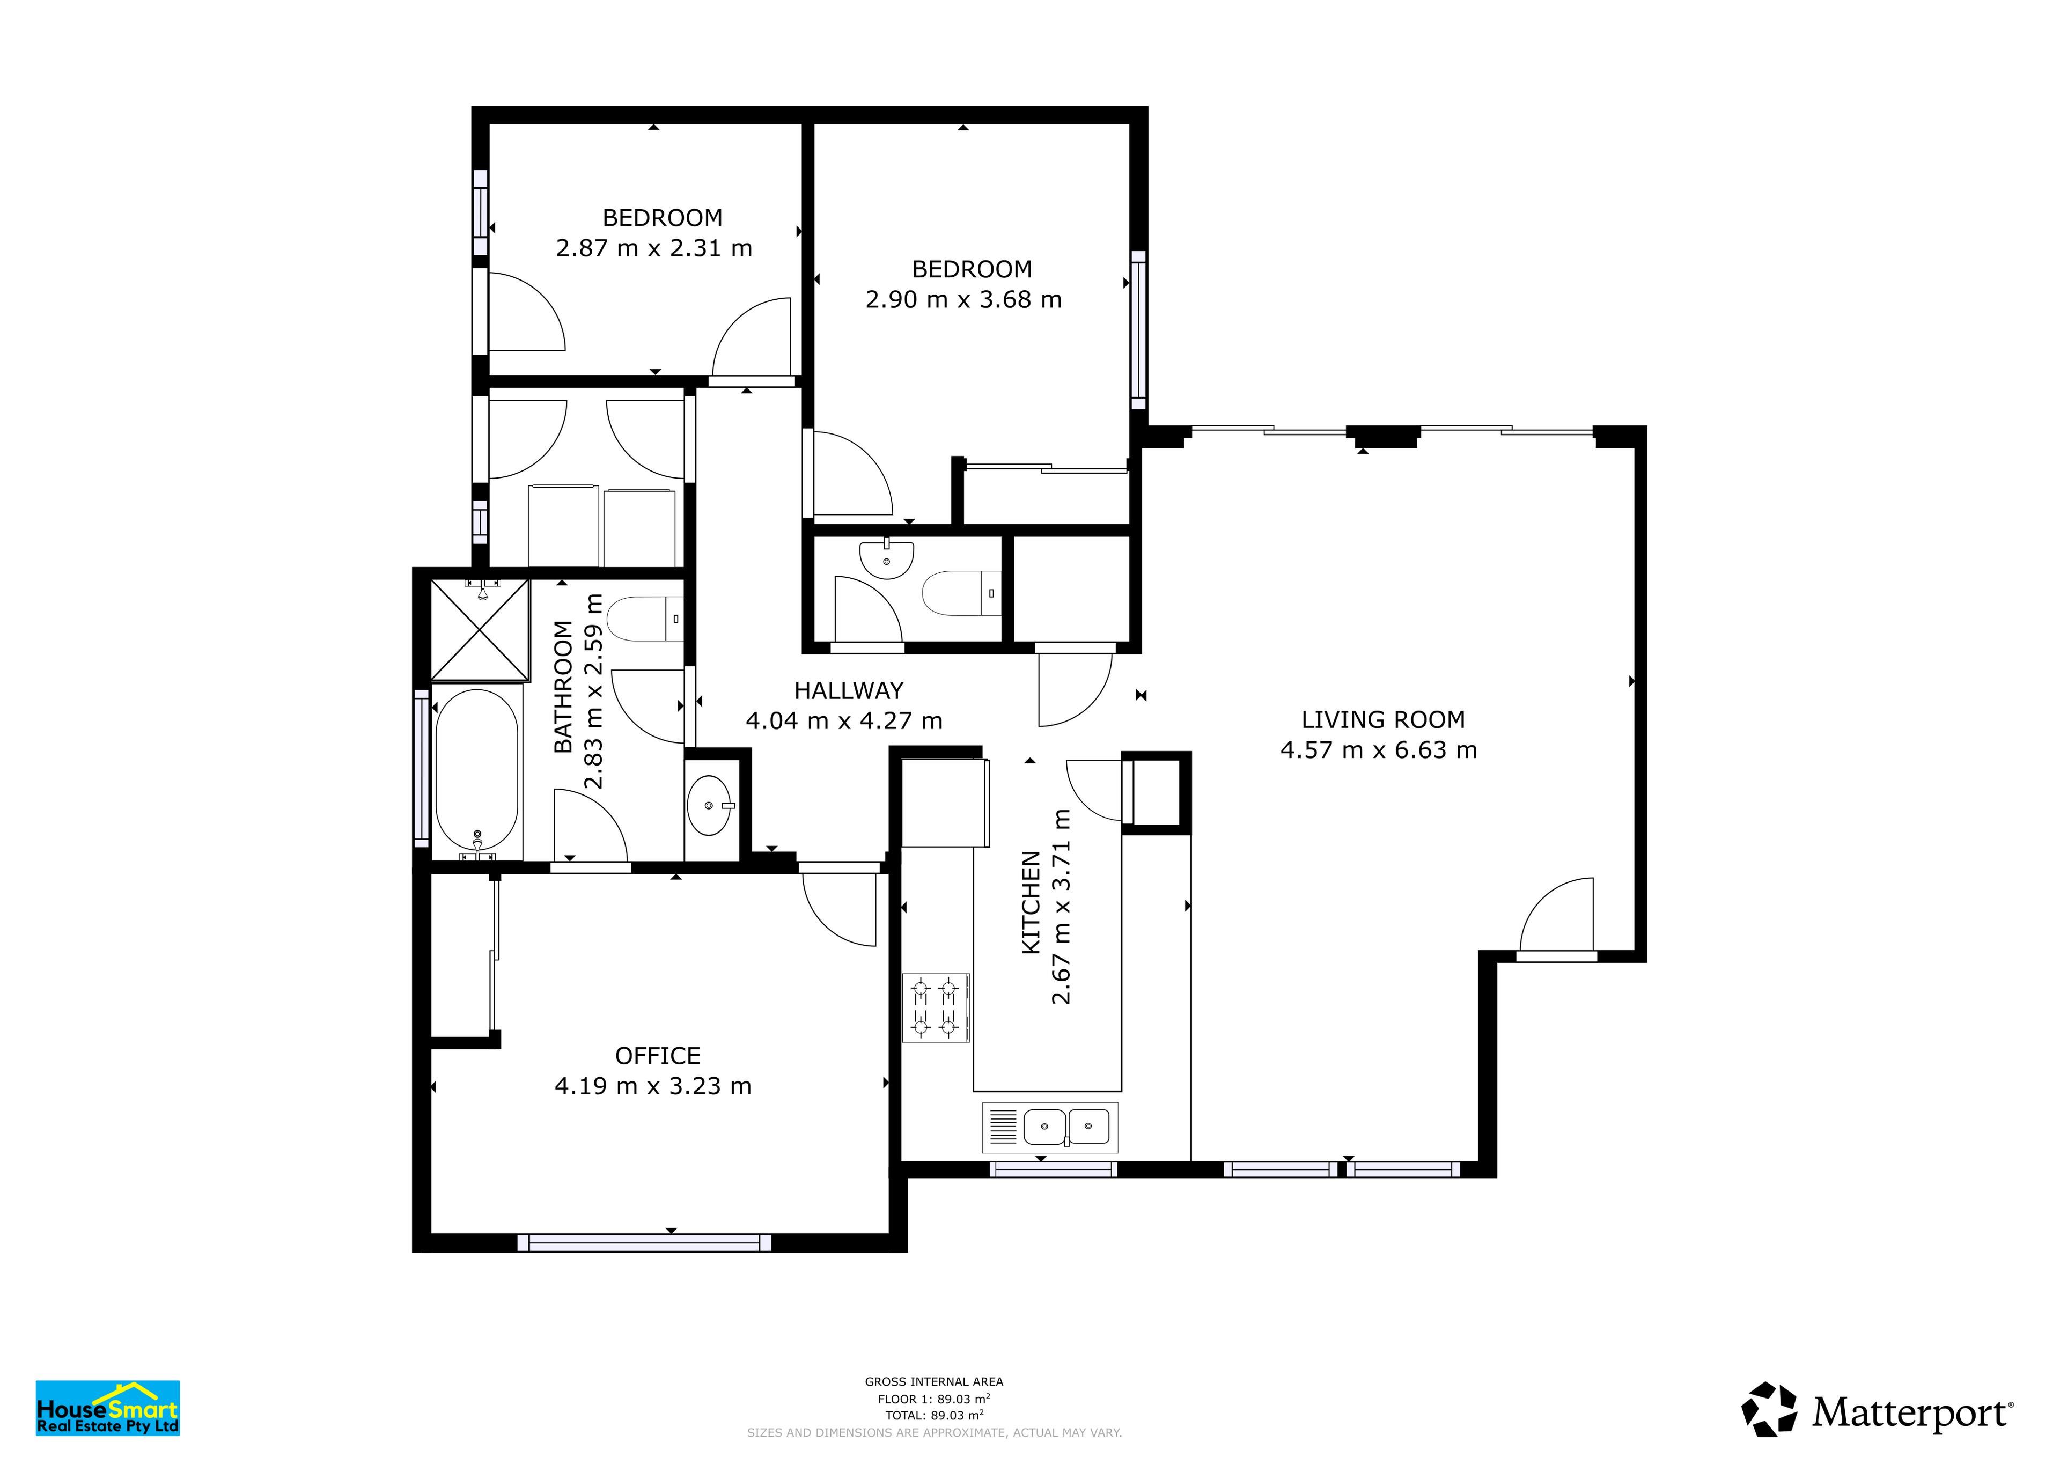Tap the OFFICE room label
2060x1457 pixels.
point(658,1056)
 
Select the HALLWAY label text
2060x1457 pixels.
point(849,691)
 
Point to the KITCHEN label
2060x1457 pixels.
point(1031,902)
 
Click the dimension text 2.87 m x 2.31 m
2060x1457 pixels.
point(654,248)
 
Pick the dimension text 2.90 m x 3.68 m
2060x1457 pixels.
point(963,300)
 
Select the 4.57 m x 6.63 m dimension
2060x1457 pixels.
point(1379,750)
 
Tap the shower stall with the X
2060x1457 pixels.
point(480,629)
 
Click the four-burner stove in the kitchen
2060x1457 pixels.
point(935,1007)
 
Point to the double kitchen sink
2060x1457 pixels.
point(1050,1127)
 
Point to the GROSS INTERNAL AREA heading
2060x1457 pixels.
point(934,1382)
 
